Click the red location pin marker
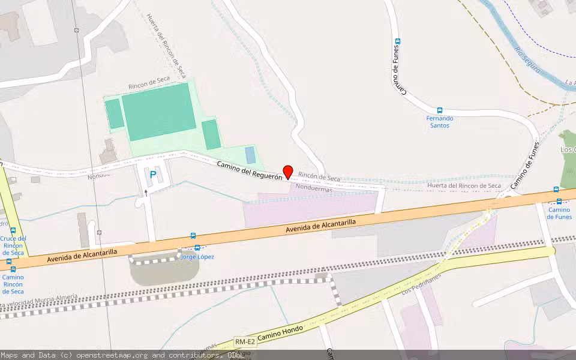coord(288,172)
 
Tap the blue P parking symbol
coord(153,175)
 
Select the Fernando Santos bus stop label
coord(440,122)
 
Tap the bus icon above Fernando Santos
coord(440,110)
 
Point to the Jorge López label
coord(197,257)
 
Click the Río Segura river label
coord(528,60)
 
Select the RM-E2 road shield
coord(245,342)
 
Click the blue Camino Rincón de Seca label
coord(13,284)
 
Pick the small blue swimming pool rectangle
coord(250,155)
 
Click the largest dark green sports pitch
coord(158,112)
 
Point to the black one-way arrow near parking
coord(145,193)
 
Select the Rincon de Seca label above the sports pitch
coord(149,83)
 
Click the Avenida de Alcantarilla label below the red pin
coord(321,226)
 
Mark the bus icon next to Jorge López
coord(197,248)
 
